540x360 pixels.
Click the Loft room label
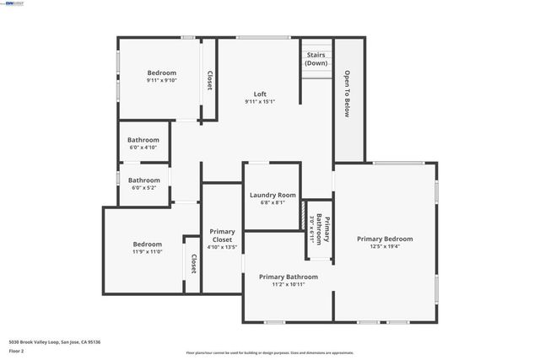click(261, 94)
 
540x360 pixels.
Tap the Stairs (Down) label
click(316, 58)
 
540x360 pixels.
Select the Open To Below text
click(347, 93)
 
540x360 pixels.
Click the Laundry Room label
click(273, 195)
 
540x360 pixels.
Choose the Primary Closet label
click(223, 235)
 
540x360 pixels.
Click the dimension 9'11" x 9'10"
click(162, 81)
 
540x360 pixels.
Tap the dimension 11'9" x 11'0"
click(147, 251)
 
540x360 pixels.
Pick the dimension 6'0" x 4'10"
click(143, 148)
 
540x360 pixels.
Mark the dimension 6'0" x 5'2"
click(143, 187)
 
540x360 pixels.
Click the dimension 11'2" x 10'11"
click(289, 284)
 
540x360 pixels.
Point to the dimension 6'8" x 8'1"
click(273, 202)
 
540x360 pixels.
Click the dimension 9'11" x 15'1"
click(261, 101)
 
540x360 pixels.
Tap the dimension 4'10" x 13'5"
click(223, 248)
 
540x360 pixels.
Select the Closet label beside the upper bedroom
click(209, 80)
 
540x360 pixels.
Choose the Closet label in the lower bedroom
click(193, 264)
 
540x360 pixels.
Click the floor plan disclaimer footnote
click(270, 352)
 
